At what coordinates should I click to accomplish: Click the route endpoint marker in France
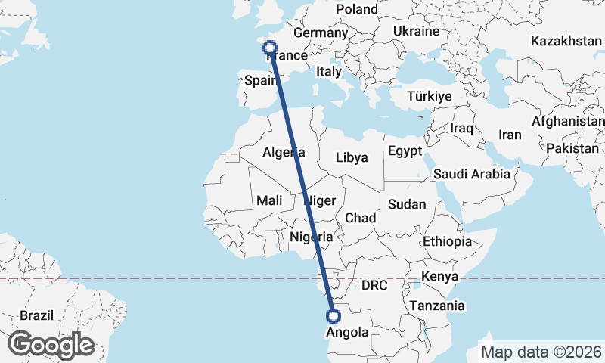[270, 48]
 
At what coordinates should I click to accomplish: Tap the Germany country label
[320, 33]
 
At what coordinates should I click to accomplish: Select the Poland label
[357, 10]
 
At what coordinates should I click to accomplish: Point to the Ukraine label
[416, 32]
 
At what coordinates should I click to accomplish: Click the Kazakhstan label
[566, 40]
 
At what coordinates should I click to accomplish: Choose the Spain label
[259, 80]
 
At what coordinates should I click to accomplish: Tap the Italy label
[329, 71]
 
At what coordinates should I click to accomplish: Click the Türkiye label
[429, 96]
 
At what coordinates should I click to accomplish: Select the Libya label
[352, 158]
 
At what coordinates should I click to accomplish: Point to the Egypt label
[405, 151]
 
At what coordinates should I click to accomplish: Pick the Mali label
[269, 200]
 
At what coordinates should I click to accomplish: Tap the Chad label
[361, 218]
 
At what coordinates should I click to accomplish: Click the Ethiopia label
[447, 241]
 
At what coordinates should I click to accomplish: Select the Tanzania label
[436, 306]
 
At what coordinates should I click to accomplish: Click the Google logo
[51, 345]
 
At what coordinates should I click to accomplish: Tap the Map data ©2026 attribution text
[541, 352]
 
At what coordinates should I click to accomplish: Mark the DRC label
[374, 286]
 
